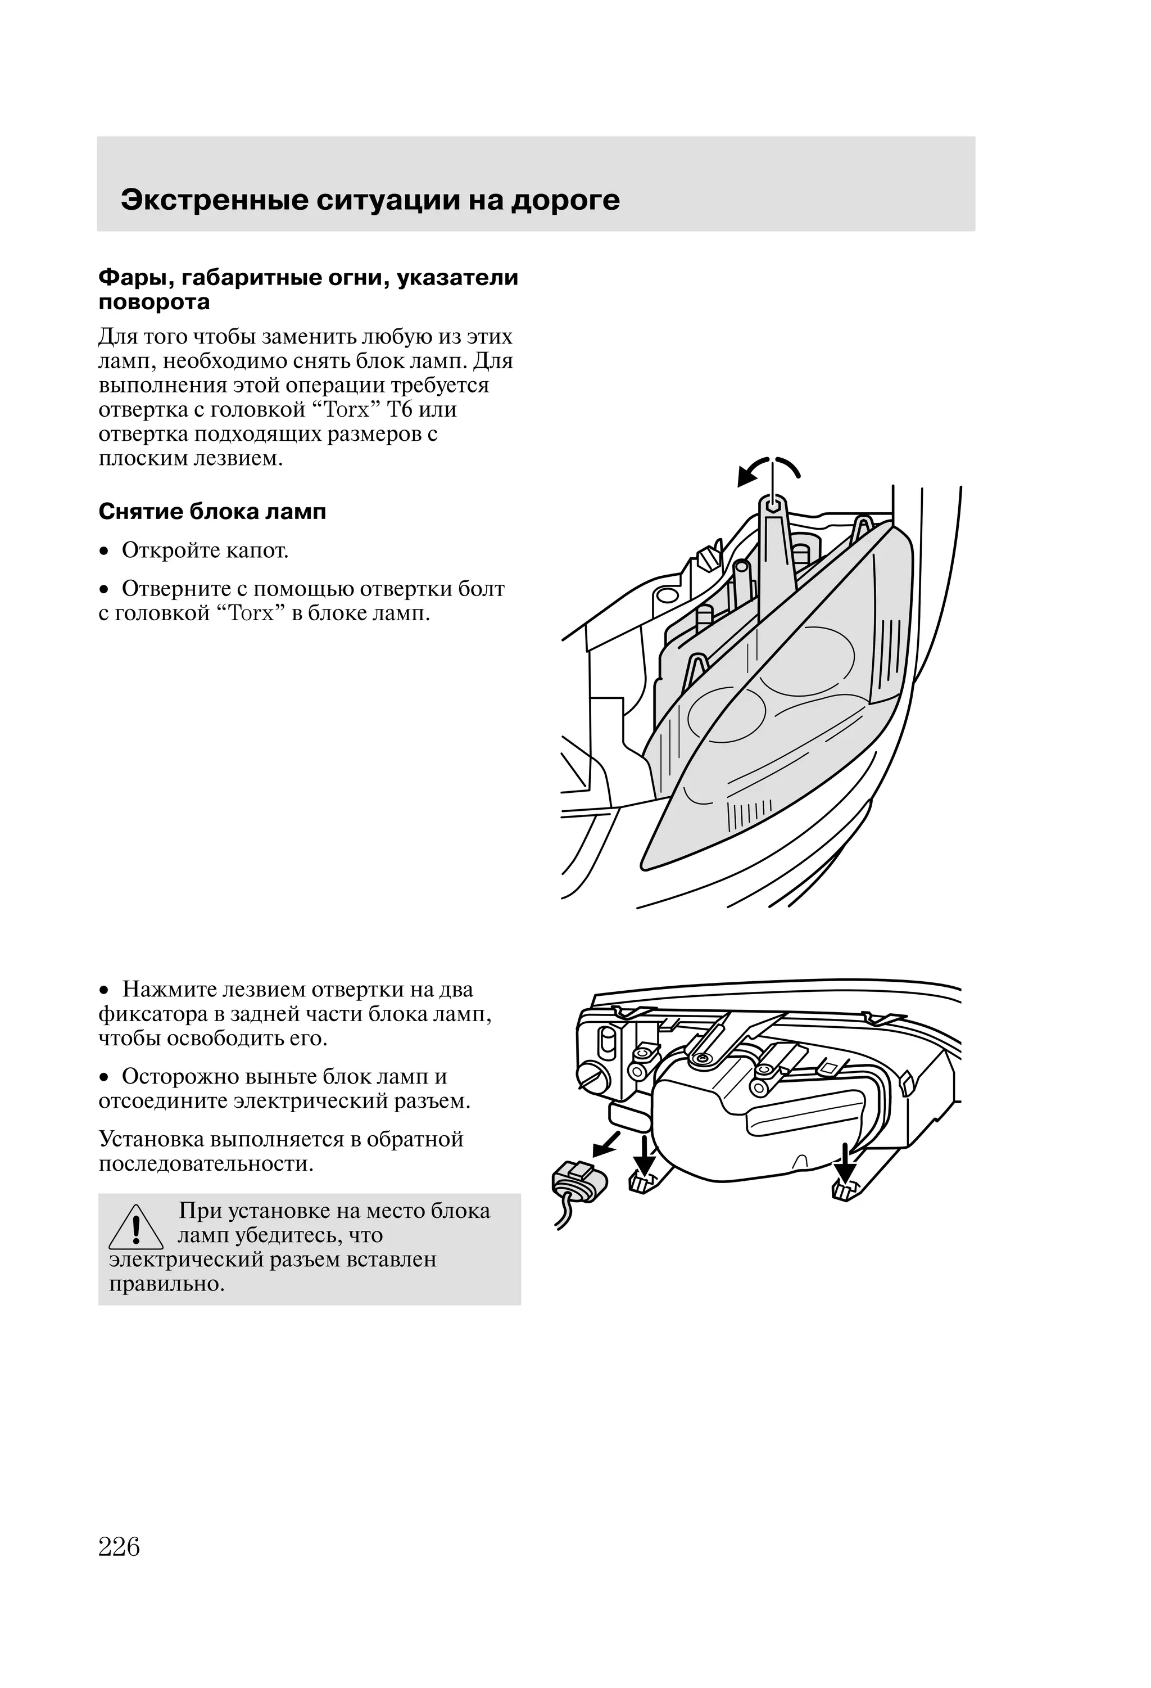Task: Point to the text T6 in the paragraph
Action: (400, 410)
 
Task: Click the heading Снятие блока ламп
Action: (212, 512)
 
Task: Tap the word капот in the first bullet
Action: (256, 550)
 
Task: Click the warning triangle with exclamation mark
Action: (136, 1227)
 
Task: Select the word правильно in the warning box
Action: (166, 1284)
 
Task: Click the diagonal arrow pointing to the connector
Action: (607, 1145)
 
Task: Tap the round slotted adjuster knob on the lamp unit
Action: (590, 1077)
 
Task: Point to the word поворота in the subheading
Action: (154, 302)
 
